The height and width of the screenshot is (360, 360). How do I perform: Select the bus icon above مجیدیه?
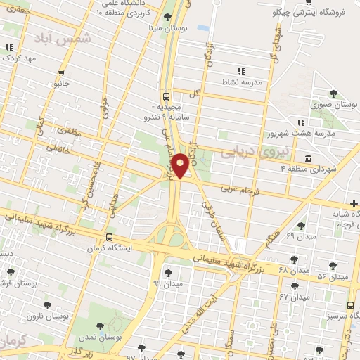point(166,97)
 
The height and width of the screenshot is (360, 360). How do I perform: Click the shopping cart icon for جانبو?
point(63,72)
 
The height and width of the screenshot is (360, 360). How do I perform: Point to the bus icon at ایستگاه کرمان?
point(109,237)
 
